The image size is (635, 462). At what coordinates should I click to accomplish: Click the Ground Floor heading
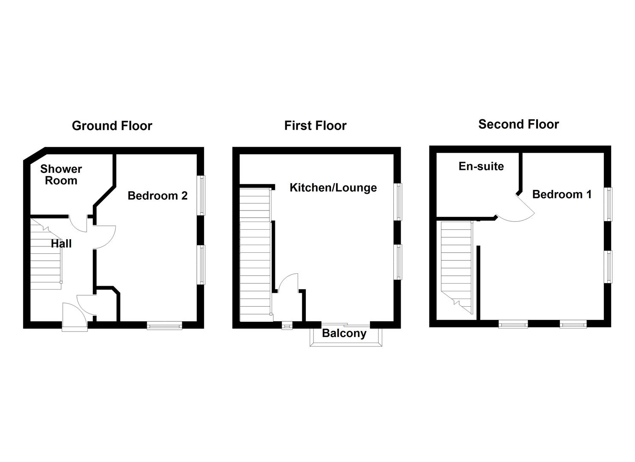112,126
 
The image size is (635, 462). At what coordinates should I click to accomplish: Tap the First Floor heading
315,126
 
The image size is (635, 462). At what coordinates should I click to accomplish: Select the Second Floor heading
518,124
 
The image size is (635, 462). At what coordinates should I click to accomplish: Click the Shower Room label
61,175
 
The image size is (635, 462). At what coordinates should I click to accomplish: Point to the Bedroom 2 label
157,196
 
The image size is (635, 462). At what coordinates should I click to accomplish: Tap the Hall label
61,244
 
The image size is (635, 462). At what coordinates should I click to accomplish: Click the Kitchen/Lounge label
333,188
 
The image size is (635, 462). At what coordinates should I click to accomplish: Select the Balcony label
344,333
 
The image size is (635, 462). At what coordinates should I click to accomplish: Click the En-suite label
481,166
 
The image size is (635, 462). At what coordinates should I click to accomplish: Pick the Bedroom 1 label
562,195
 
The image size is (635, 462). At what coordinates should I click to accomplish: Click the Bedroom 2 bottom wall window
165,326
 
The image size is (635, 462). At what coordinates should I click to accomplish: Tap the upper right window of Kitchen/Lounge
398,202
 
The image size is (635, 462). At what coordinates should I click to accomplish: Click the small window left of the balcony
287,326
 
